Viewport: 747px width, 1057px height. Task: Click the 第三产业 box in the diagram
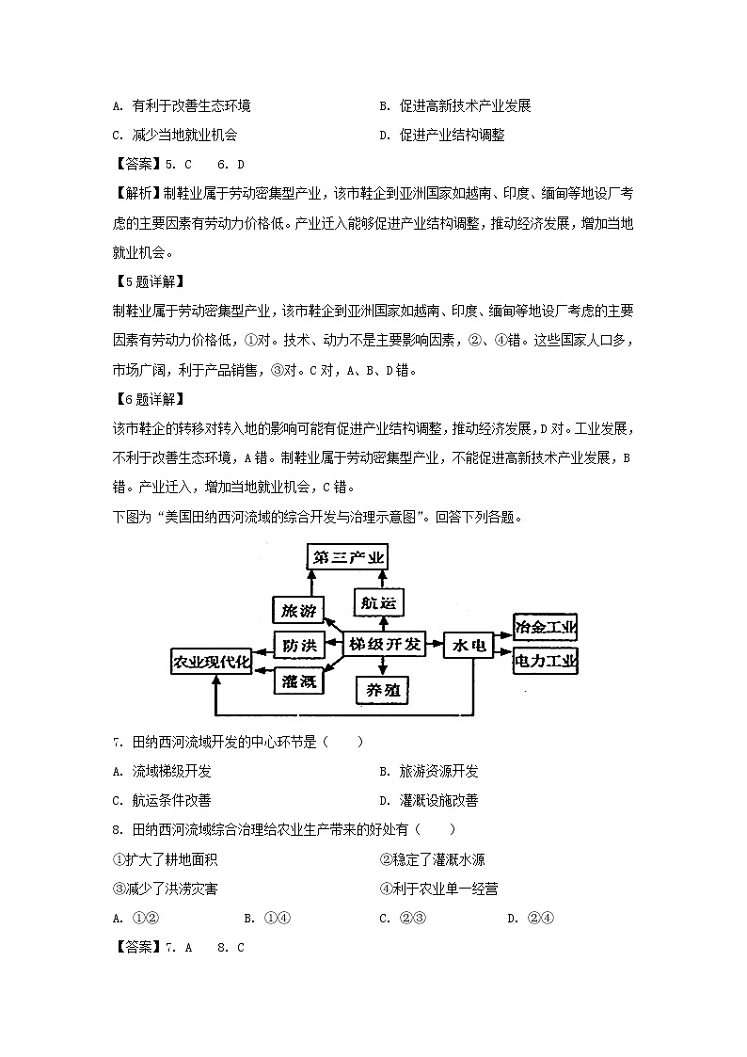[x=349, y=558]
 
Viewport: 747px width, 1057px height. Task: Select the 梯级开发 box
[x=383, y=645]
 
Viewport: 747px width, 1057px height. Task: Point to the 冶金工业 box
[x=545, y=626]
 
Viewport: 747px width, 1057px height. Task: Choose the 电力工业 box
[x=545, y=662]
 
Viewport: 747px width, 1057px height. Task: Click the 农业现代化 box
[x=212, y=663]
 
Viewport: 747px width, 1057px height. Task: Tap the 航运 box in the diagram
[x=380, y=601]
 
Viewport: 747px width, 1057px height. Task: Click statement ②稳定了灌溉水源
[x=433, y=859]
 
